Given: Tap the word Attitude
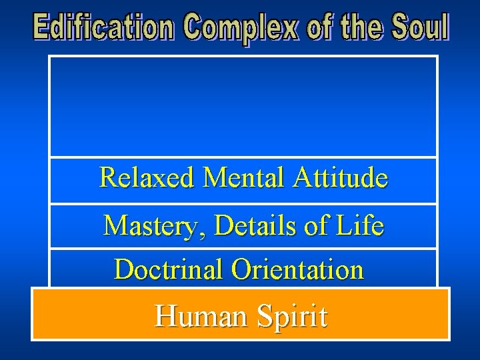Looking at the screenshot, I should tap(340, 178).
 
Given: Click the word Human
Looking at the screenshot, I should tap(198, 315).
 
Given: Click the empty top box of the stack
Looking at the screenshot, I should tap(243, 107).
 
